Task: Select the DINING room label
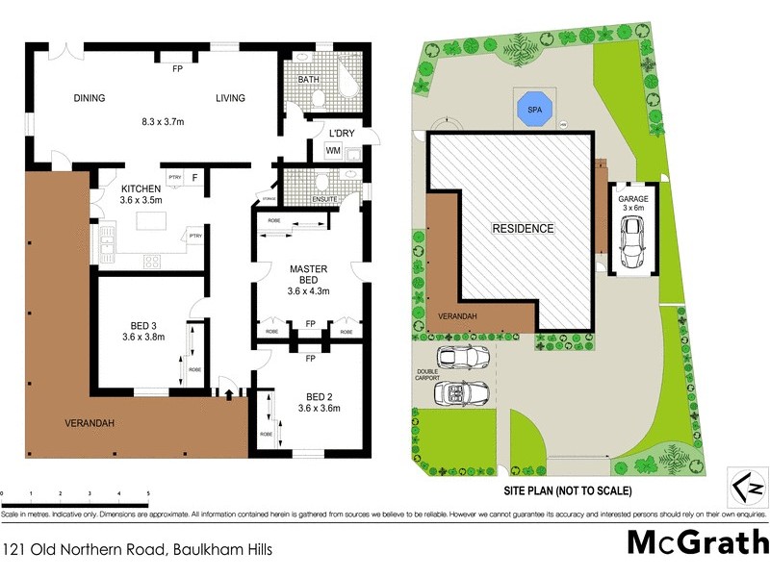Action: (90, 97)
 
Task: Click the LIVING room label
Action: (230, 97)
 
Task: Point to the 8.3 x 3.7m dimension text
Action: (163, 122)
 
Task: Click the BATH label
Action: (308, 80)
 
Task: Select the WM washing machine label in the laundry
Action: (333, 151)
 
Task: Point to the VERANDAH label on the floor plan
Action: (91, 423)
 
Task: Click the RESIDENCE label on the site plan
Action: (524, 229)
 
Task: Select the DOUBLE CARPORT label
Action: (427, 375)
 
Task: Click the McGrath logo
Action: (698, 543)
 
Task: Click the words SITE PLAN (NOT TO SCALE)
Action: (568, 490)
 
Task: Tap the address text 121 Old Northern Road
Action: (139, 550)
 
